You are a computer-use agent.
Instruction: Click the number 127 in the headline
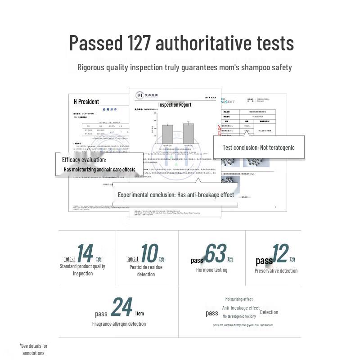pyautogui.click(x=138, y=43)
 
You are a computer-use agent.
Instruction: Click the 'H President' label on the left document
pyautogui.click(x=86, y=102)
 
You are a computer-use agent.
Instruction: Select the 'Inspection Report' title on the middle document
pyautogui.click(x=175, y=105)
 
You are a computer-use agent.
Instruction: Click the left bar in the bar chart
pyautogui.click(x=167, y=133)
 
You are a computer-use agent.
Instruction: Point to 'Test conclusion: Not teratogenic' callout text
pyautogui.click(x=259, y=147)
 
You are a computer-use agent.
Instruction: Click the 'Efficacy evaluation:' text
pyautogui.click(x=84, y=160)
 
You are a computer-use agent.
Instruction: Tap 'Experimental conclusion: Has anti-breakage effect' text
pyautogui.click(x=176, y=195)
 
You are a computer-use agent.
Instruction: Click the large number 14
pyautogui.click(x=85, y=254)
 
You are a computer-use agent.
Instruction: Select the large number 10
pyautogui.click(x=149, y=254)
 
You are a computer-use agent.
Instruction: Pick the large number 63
pyautogui.click(x=215, y=254)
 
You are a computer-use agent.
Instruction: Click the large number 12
pyautogui.click(x=280, y=254)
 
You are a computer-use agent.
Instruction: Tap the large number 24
pyautogui.click(x=121, y=308)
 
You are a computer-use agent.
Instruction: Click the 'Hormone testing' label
pyautogui.click(x=211, y=270)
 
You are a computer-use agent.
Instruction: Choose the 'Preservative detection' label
pyautogui.click(x=276, y=270)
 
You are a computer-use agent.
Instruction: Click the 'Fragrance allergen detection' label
pyautogui.click(x=119, y=324)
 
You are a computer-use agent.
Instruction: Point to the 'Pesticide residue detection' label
pyautogui.click(x=146, y=270)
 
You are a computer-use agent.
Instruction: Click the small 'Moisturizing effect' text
pyautogui.click(x=239, y=299)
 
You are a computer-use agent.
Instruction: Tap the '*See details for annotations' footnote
pyautogui.click(x=33, y=349)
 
